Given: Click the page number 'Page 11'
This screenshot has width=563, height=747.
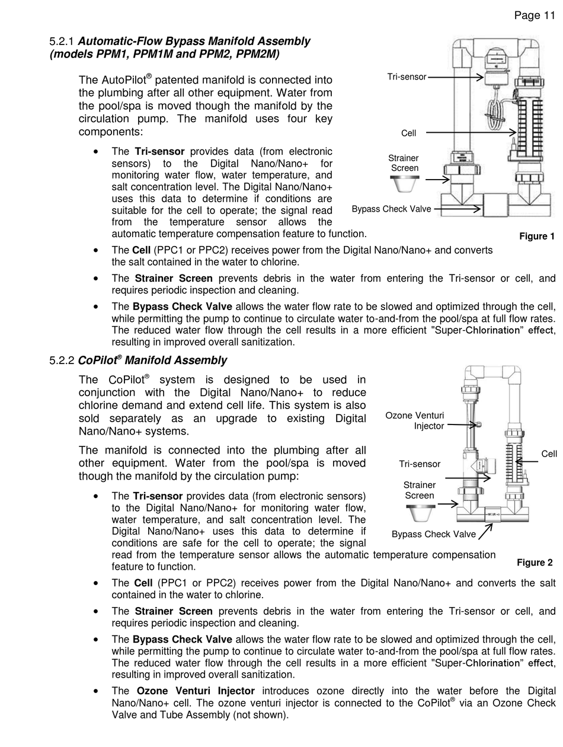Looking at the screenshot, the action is [534, 15].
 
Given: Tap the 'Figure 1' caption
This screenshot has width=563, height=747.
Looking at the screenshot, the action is [536, 236].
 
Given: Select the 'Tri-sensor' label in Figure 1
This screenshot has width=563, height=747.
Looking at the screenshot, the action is [407, 77].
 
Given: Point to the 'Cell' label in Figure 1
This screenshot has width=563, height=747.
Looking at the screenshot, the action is [408, 133].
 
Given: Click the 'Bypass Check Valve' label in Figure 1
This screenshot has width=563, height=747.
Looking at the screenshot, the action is [391, 209].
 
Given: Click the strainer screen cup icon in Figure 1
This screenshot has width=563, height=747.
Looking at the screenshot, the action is [405, 184].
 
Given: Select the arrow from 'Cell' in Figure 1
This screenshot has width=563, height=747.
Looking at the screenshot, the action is [471, 132].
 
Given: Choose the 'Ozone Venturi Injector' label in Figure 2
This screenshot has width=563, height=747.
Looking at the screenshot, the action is [414, 421].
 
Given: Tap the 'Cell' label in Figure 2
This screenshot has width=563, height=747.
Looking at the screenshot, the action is [549, 454].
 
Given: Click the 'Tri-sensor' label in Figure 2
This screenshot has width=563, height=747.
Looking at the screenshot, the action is [420, 464].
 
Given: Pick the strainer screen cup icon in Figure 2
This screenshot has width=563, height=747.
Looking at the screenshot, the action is [420, 513].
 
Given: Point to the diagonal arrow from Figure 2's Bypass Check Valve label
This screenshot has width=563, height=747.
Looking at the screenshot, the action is [485, 531].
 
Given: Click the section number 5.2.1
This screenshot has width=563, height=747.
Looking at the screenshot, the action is [61, 41].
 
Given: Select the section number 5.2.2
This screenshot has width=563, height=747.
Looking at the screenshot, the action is [61, 360].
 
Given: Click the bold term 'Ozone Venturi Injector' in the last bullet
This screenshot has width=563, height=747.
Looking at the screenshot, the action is [196, 691].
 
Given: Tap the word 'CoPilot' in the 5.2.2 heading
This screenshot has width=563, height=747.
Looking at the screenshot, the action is [98, 360].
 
